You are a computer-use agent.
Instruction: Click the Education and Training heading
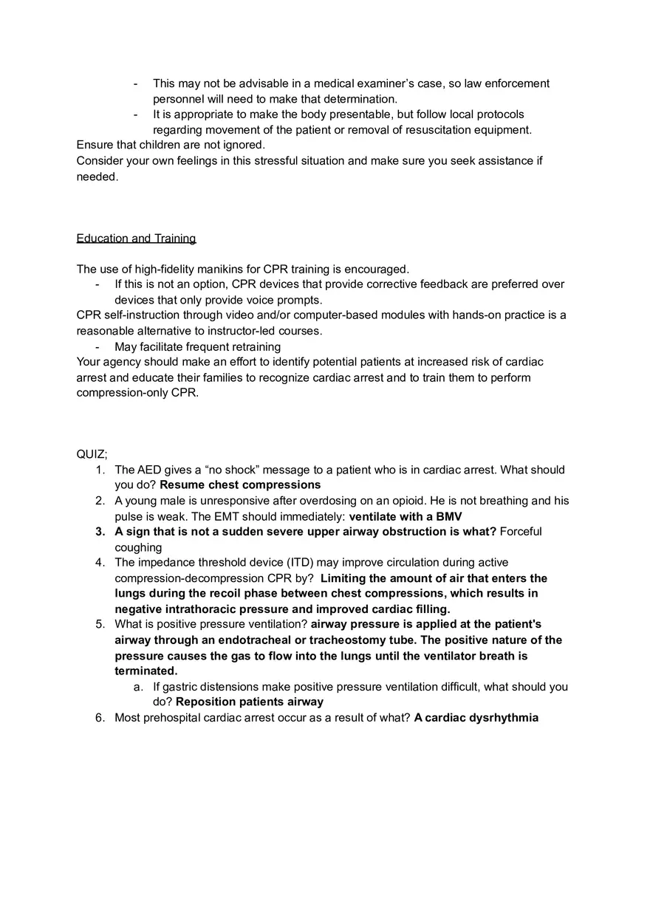136,239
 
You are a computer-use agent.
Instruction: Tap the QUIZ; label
92,454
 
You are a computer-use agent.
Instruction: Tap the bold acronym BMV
448,516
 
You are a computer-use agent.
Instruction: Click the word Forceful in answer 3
521,532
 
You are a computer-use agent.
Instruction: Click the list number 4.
99,563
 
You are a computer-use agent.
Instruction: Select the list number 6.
99,718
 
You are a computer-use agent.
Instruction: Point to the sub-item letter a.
137,687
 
